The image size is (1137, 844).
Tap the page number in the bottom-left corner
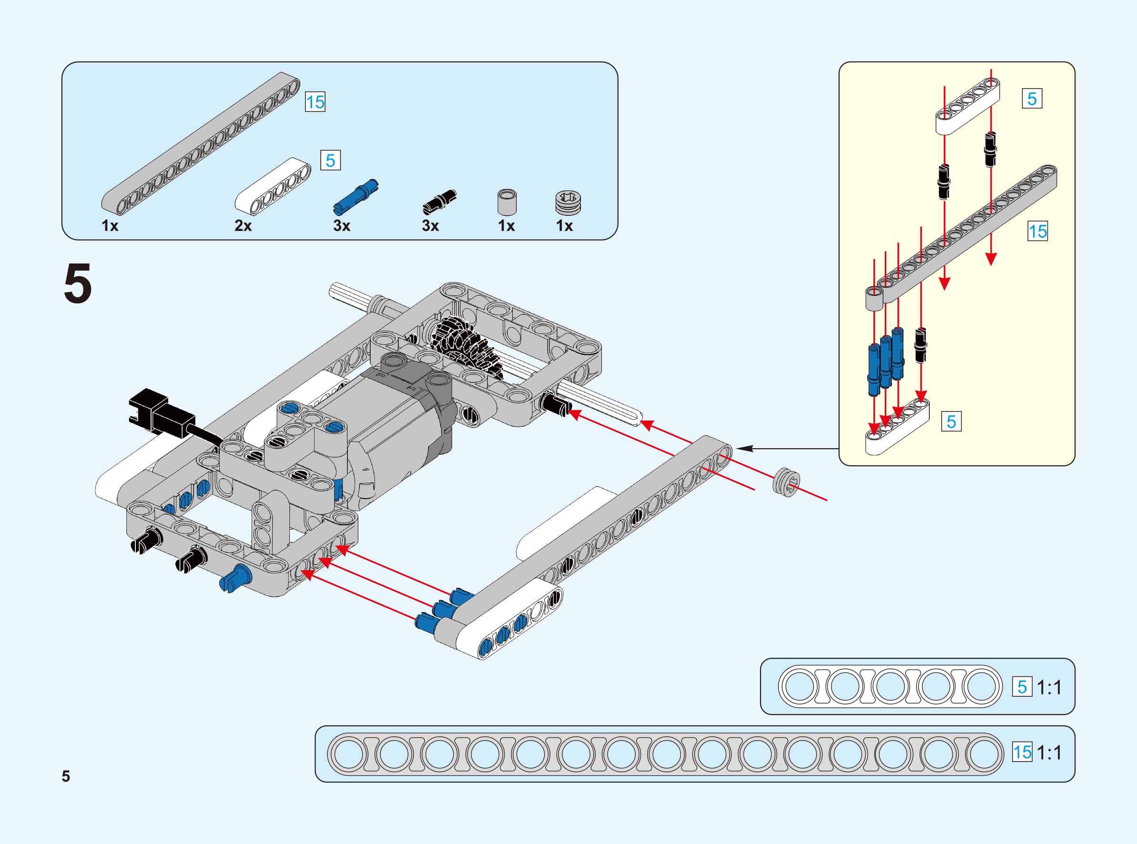(x=66, y=776)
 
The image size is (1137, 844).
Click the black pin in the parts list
(x=439, y=201)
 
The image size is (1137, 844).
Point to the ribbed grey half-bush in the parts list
(x=568, y=203)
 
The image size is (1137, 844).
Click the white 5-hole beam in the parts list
(x=273, y=187)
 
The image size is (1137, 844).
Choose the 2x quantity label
(x=243, y=225)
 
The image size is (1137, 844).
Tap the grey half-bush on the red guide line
(x=786, y=482)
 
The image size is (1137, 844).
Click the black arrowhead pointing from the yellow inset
(x=746, y=448)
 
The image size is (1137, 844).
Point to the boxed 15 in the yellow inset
(x=1037, y=231)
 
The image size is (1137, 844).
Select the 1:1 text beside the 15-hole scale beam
(x=1049, y=753)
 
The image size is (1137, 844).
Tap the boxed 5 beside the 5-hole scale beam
(x=1022, y=687)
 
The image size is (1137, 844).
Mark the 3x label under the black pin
(x=430, y=225)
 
